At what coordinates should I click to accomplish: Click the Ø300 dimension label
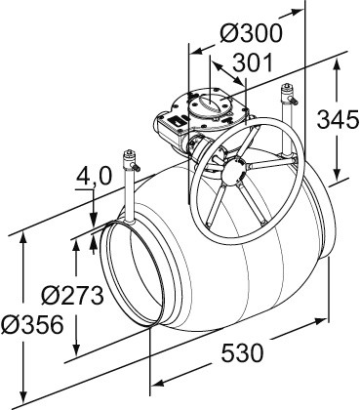click(x=251, y=33)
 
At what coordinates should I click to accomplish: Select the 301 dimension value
click(x=253, y=63)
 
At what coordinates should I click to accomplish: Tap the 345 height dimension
click(x=338, y=119)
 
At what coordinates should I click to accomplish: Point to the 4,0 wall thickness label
click(x=94, y=176)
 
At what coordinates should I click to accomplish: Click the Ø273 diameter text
click(x=73, y=295)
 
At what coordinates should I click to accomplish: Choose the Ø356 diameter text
click(x=32, y=324)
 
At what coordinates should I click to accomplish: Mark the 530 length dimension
click(x=242, y=352)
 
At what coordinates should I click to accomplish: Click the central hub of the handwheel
click(x=234, y=172)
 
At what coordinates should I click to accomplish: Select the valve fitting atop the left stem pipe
click(x=131, y=160)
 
